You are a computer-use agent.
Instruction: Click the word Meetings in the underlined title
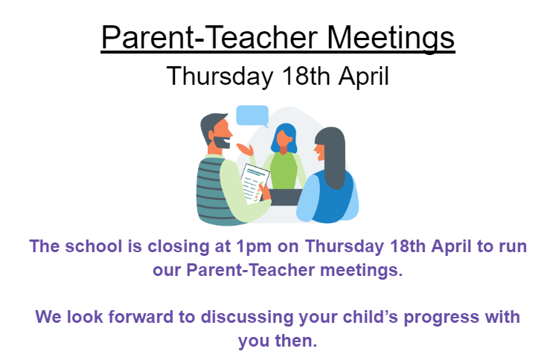391,38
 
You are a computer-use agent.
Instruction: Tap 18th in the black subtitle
306,76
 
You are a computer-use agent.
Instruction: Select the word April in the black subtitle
364,77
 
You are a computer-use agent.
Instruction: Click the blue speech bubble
252,116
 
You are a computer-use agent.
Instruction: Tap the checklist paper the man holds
255,184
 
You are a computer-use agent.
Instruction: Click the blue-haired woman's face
284,138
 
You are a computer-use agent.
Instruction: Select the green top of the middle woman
284,172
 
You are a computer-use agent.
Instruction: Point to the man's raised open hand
246,150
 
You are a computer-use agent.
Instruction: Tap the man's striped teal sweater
214,191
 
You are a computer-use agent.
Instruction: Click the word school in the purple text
94,246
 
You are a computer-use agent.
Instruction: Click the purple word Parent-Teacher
250,270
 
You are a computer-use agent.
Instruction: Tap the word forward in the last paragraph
141,316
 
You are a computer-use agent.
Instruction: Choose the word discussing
247,318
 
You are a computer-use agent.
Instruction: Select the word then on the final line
296,341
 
